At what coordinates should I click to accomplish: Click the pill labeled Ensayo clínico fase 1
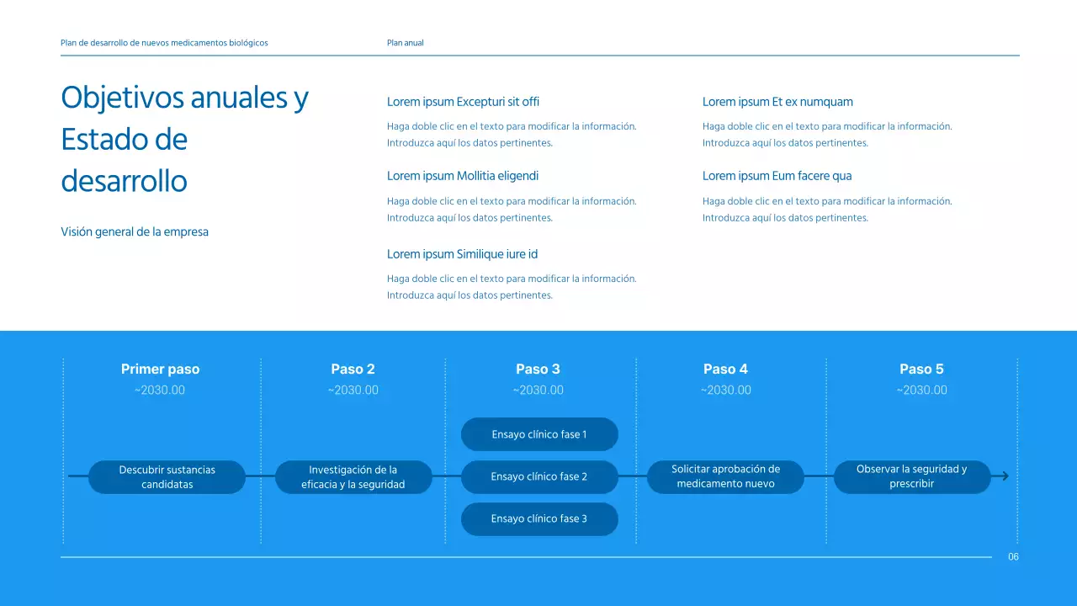pos(539,434)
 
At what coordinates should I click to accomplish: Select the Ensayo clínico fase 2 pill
pos(539,476)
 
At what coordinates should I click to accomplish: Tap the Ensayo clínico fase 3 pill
pos(539,518)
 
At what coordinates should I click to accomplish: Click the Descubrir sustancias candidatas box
pos(167,476)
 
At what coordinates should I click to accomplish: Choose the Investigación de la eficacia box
pos(353,476)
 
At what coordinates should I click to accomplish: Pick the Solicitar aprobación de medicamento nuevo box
pos(725,476)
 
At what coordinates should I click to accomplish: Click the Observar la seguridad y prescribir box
pos(911,476)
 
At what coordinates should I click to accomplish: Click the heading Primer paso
pos(160,369)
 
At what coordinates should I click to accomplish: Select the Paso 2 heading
pos(353,369)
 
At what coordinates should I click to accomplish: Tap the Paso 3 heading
pos(538,369)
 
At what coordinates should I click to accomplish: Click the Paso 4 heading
pos(725,369)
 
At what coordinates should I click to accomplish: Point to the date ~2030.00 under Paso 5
pos(921,390)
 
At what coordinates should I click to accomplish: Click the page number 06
pos(1013,557)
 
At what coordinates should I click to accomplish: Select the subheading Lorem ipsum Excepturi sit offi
pos(463,102)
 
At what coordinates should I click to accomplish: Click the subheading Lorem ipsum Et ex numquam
pos(777,102)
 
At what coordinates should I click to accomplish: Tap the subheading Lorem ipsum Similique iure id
pos(462,254)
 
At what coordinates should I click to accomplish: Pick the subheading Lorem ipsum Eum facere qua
pos(777,176)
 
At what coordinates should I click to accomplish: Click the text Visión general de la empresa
pos(135,231)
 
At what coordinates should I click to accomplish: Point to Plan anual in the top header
pos(405,43)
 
